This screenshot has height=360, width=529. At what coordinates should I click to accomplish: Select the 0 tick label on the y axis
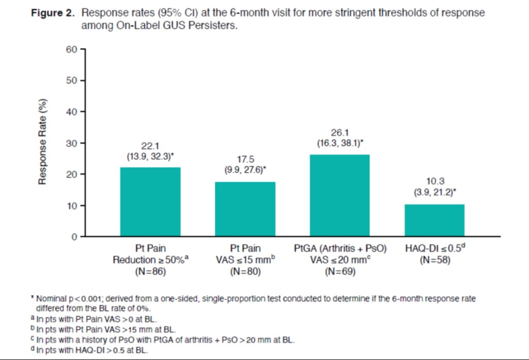click(74, 237)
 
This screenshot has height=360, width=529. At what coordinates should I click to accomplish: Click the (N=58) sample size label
click(435, 261)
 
